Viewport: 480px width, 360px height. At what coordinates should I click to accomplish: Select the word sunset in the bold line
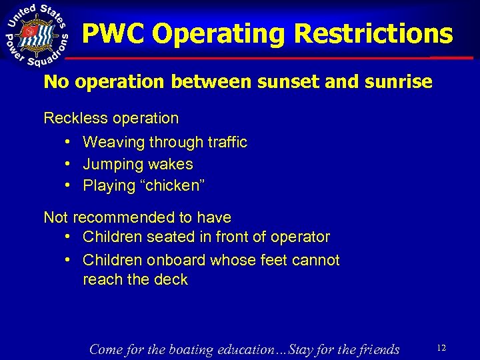coord(267,83)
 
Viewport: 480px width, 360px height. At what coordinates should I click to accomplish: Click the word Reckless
coord(71,119)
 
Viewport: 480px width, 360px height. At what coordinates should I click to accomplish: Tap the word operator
coord(301,237)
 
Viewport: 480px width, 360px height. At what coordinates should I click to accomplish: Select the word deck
coord(172,280)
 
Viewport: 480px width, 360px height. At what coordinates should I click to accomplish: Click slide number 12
coord(441,347)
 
